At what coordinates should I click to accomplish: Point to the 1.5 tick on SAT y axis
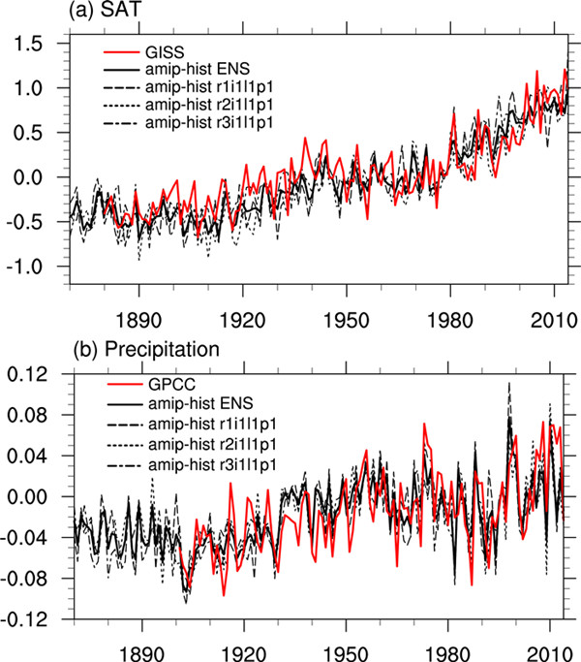40,44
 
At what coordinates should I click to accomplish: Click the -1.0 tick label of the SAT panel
37,267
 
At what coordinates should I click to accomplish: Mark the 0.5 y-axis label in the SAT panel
40,133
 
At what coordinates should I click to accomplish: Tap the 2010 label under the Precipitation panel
549,645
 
